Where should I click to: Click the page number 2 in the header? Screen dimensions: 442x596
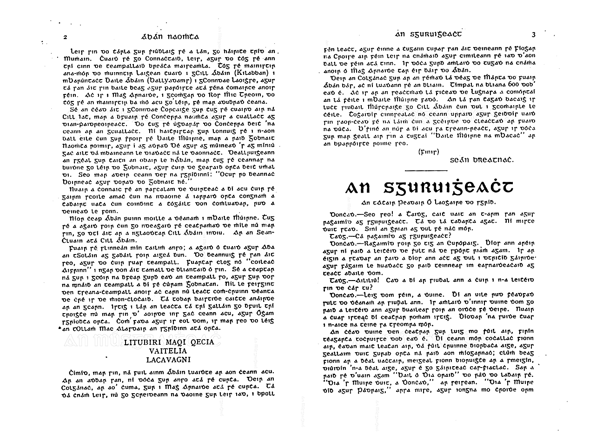click(x=66, y=37)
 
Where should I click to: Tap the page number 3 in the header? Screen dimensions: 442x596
click(x=534, y=34)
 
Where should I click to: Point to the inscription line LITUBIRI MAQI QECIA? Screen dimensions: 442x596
click(x=169, y=343)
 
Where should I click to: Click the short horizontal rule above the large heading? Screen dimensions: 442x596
click(x=426, y=170)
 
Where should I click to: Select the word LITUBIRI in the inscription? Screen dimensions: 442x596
click(x=141, y=343)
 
